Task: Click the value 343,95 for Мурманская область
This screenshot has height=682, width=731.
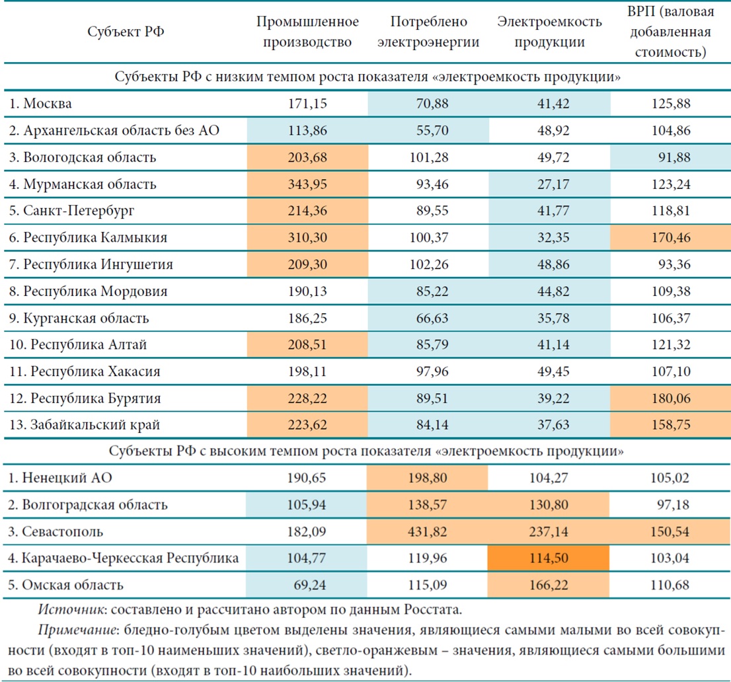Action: tap(308, 184)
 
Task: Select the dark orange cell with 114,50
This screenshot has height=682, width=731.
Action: tap(549, 558)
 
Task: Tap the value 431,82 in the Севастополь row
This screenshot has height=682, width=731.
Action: tap(428, 532)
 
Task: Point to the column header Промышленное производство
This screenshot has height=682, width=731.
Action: tap(308, 32)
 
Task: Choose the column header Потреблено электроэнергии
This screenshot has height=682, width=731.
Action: tap(428, 32)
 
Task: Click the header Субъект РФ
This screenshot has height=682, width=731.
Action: tap(126, 32)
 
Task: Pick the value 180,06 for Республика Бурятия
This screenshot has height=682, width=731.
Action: tap(670, 398)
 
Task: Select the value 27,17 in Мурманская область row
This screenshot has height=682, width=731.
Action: tap(549, 184)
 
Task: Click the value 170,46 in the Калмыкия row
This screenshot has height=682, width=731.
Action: tap(670, 238)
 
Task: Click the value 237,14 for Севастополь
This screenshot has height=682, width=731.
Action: tap(549, 532)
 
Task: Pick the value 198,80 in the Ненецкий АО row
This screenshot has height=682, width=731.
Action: tap(428, 478)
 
